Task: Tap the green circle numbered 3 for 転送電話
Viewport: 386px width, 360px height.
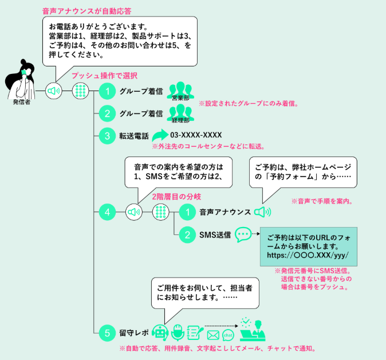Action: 107,136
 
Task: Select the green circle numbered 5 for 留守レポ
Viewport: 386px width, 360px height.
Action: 107,332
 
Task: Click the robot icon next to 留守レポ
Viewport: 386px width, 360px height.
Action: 160,331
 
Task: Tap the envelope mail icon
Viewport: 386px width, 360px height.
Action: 213,335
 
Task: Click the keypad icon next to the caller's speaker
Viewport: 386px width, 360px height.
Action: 80,91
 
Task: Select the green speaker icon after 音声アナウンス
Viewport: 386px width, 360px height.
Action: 263,212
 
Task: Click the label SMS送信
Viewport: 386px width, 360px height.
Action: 215,234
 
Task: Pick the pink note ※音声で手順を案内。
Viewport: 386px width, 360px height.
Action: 321,201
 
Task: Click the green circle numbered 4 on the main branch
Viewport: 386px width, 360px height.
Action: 107,212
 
